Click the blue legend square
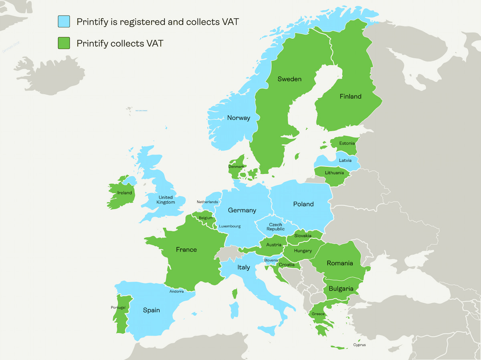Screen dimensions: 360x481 click(x=64, y=22)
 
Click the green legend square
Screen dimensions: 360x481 click(x=64, y=43)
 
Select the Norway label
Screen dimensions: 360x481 click(x=238, y=118)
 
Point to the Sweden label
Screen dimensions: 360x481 click(x=289, y=79)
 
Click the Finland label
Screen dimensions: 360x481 click(x=350, y=97)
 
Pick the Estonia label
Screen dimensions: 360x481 click(x=347, y=143)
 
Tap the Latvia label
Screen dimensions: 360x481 click(x=345, y=160)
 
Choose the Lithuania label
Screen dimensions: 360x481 click(x=334, y=173)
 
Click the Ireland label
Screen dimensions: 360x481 click(x=124, y=193)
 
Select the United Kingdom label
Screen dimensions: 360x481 click(x=166, y=200)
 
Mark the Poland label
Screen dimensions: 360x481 click(x=303, y=204)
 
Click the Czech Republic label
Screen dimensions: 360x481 click(x=275, y=227)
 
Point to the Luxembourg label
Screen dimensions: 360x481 click(x=230, y=226)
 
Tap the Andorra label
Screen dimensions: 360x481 click(x=176, y=292)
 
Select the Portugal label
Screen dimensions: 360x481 click(x=118, y=308)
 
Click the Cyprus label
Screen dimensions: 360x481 click(x=359, y=345)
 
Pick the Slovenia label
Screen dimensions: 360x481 click(x=271, y=260)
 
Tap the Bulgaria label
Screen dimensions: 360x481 click(x=341, y=289)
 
